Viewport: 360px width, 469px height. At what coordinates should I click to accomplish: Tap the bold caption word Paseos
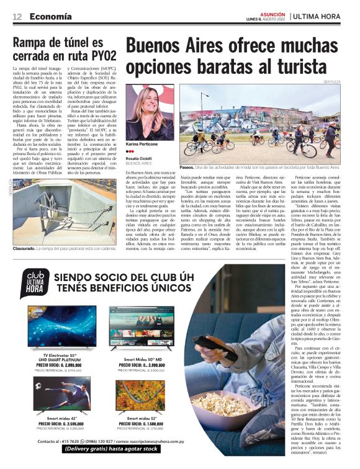pos(187,167)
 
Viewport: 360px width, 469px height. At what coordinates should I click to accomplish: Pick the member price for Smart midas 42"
pos(58,423)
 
